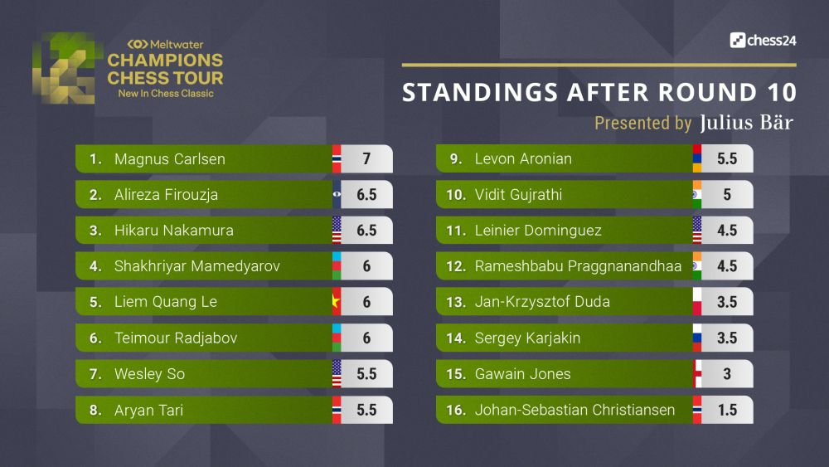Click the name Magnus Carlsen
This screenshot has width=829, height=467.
coord(169,159)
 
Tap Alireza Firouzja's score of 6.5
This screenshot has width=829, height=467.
coord(366,195)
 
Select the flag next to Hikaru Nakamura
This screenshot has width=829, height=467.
coord(337,231)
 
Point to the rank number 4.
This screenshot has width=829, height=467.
coord(95,266)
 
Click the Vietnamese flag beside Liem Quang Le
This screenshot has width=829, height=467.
coord(337,302)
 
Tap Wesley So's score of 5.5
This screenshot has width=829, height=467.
coord(366,374)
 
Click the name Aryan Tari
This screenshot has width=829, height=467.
coord(148,410)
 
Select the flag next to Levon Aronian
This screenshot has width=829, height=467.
coord(697,159)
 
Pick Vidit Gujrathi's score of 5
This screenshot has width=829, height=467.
coord(727,195)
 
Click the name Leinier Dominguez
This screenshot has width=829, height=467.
coord(538,231)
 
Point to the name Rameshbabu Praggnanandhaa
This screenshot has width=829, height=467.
coord(578,266)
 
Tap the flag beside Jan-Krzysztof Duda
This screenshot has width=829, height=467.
coord(697,302)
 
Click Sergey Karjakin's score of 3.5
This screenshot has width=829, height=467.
coord(727,338)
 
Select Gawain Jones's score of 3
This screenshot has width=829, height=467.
coord(727,374)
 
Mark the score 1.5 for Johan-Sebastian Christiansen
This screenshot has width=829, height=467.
coord(727,410)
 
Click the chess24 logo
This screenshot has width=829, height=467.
coord(763,40)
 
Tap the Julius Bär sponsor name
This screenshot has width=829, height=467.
coord(746,124)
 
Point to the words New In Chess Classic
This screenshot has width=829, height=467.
coord(165,94)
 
